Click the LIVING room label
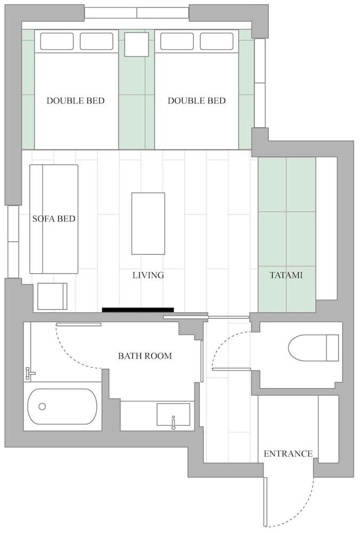tap(148, 276)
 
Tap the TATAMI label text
tap(286, 276)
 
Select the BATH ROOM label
tap(145, 356)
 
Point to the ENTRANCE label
tap(288, 454)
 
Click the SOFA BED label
tap(54, 219)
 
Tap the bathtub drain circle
tap(42, 406)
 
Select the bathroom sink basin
tap(173, 414)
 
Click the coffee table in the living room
tap(148, 223)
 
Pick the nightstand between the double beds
tap(136, 44)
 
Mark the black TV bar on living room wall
tap(138, 310)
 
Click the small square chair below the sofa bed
tap(52, 296)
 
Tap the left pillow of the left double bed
tap(57, 41)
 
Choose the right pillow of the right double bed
tap(217, 41)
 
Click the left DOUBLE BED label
tap(75, 101)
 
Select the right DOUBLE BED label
tap(196, 101)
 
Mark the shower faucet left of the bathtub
tap(30, 374)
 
